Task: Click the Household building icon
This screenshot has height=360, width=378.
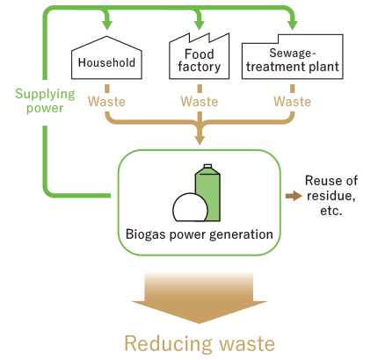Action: tap(106, 58)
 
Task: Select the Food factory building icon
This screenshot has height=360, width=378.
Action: tap(199, 56)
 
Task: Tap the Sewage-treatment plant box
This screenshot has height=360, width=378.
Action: tap(292, 57)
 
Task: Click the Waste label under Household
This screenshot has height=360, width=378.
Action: tap(106, 102)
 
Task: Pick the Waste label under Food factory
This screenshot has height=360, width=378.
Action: tap(200, 102)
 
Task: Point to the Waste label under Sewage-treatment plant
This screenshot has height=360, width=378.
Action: tap(292, 102)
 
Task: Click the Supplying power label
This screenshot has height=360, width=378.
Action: tap(45, 101)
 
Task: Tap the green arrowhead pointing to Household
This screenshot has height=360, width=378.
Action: tap(107, 25)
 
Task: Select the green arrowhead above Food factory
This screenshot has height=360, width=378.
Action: tap(200, 25)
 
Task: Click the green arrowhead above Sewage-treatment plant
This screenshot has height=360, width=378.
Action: tap(292, 25)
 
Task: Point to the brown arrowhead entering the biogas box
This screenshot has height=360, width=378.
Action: tap(200, 140)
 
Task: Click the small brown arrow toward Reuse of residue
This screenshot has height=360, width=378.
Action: tap(294, 196)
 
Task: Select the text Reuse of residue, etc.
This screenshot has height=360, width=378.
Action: tap(331, 195)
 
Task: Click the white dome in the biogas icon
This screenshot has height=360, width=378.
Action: tap(190, 207)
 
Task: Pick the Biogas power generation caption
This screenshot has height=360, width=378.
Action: tap(200, 234)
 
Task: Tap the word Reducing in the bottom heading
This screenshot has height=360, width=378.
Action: tap(168, 344)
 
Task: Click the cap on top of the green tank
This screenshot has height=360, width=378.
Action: tap(207, 166)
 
